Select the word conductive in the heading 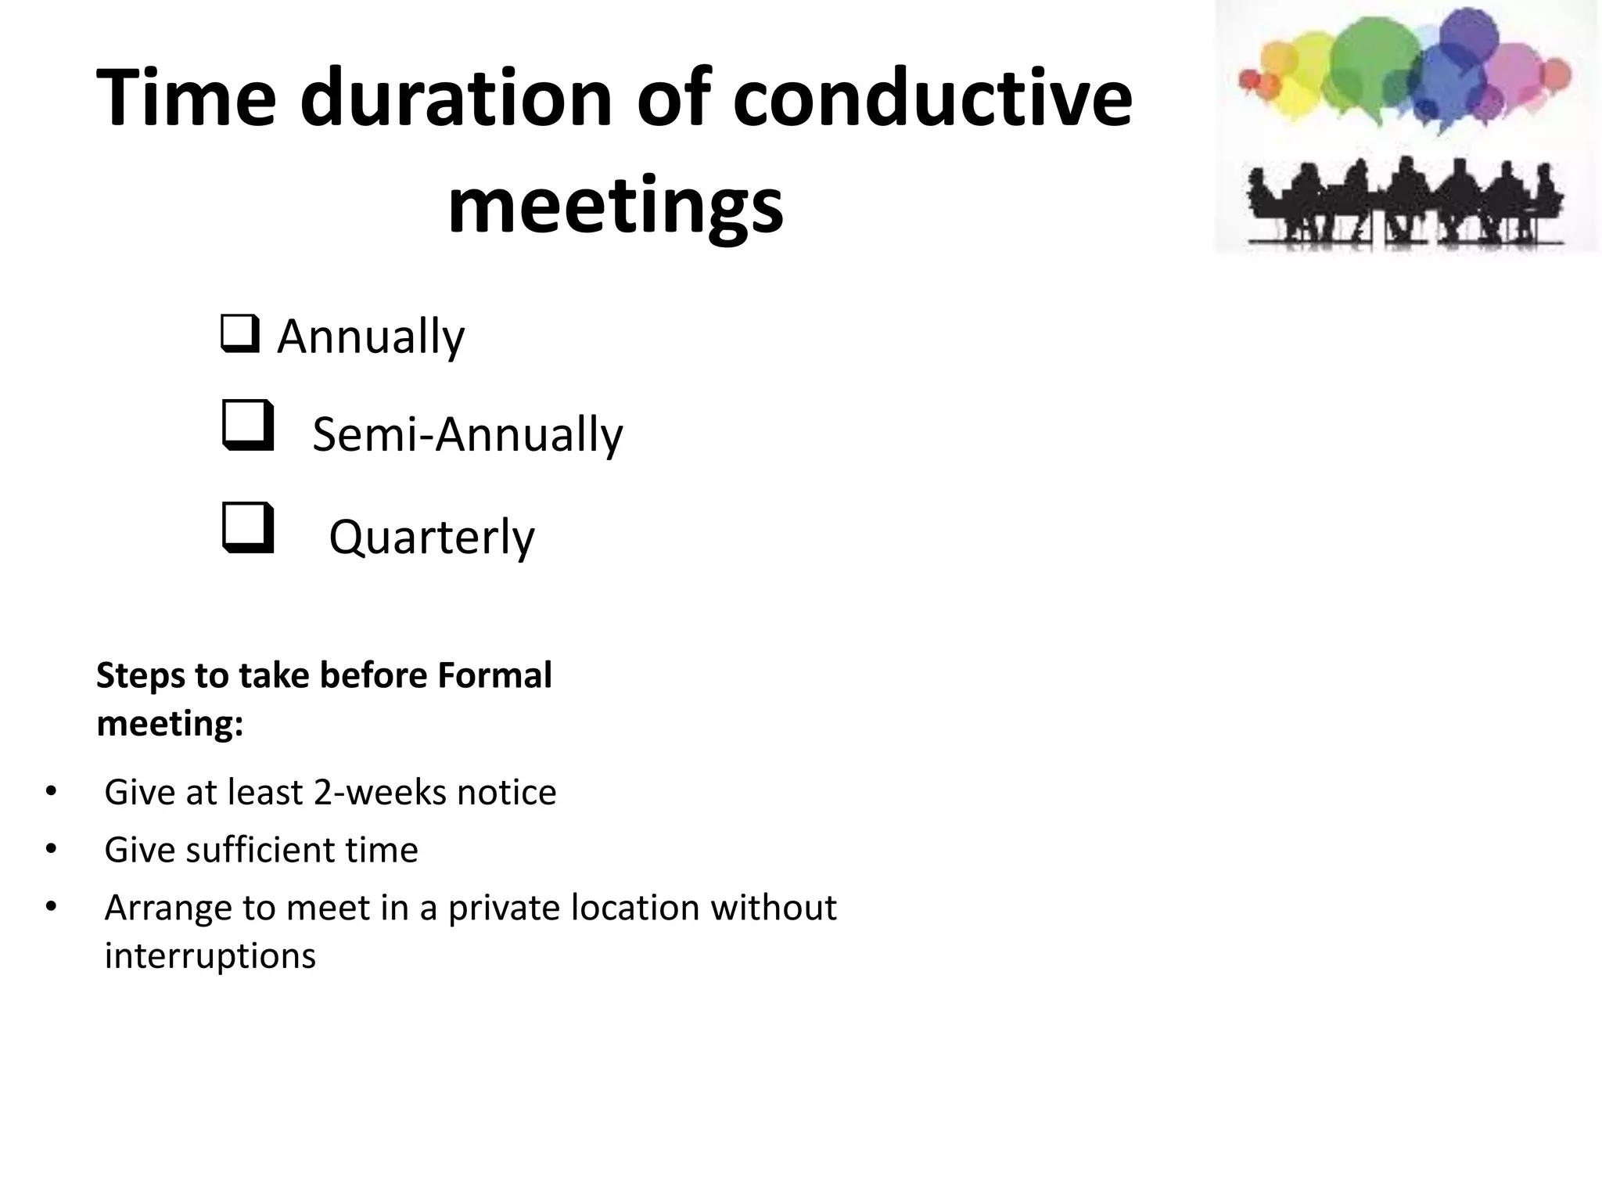(932, 98)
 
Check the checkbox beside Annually (239, 334)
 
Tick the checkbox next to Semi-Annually (248, 426)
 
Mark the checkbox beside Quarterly (248, 528)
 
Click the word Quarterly (432, 538)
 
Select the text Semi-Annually (467, 434)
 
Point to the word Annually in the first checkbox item (371, 337)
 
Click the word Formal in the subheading (494, 675)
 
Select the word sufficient (261, 850)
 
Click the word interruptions (210, 955)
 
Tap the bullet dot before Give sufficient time (52, 850)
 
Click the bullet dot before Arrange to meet (52, 908)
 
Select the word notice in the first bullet (507, 792)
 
